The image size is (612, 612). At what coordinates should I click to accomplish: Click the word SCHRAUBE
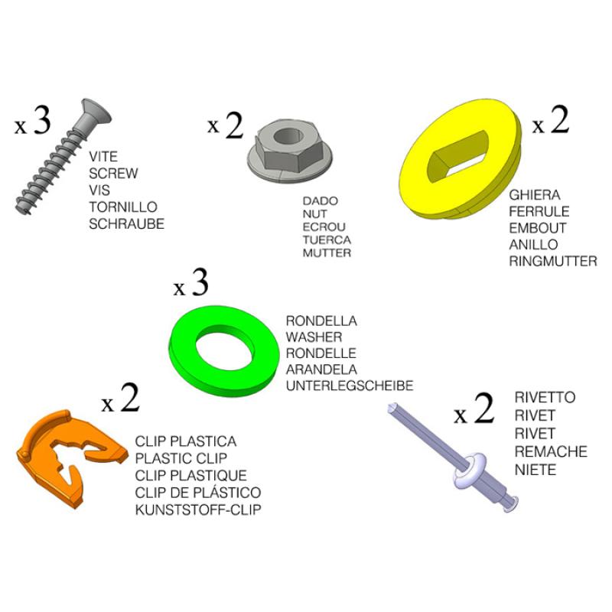(126, 224)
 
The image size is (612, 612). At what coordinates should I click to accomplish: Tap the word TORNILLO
(123, 207)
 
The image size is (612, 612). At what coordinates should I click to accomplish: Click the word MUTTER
(327, 253)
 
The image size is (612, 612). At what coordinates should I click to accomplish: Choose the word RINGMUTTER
(553, 262)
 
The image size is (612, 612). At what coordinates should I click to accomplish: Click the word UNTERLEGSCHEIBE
(349, 386)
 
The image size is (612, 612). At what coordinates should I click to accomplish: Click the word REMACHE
(551, 451)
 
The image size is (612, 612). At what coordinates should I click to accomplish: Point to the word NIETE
(535, 469)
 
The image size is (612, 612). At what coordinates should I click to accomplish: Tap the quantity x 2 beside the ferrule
(551, 122)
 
